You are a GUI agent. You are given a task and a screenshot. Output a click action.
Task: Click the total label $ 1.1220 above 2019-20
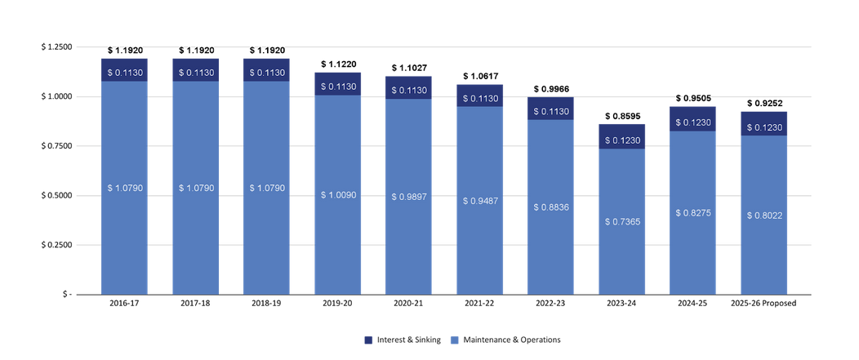click(337, 64)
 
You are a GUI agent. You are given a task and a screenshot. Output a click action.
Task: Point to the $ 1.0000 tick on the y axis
click(57, 96)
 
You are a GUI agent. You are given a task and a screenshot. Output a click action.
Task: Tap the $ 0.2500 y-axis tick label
click(57, 245)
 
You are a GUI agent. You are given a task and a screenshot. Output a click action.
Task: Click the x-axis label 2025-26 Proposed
click(763, 304)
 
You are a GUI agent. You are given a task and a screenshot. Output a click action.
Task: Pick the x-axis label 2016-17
click(124, 304)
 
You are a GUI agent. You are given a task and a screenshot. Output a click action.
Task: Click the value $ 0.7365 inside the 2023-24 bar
click(621, 221)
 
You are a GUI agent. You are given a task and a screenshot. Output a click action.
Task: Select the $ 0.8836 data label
click(550, 207)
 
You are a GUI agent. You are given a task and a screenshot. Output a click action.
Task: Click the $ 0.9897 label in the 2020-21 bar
click(408, 197)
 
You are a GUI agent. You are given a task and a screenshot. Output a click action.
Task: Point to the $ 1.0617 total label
click(479, 77)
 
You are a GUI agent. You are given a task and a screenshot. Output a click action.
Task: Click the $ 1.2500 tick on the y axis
click(57, 47)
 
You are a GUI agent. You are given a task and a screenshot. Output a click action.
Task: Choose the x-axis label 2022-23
click(550, 304)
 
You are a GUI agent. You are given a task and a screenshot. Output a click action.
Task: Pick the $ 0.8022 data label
click(763, 216)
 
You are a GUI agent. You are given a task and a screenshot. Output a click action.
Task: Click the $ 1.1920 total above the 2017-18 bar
click(195, 51)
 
